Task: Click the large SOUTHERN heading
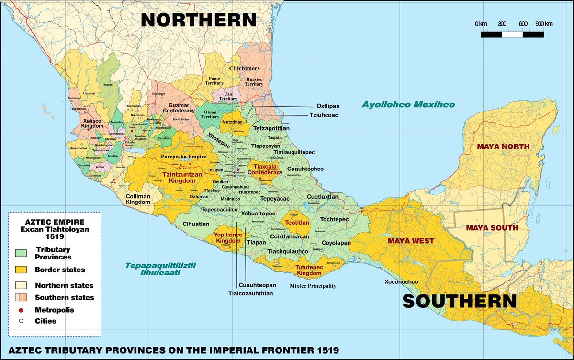point(460,301)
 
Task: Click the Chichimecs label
point(244,68)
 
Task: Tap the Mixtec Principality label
point(313,286)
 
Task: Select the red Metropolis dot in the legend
point(21,310)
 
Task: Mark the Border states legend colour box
point(21,270)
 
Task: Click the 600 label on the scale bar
point(523,24)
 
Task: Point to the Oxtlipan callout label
point(327,106)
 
